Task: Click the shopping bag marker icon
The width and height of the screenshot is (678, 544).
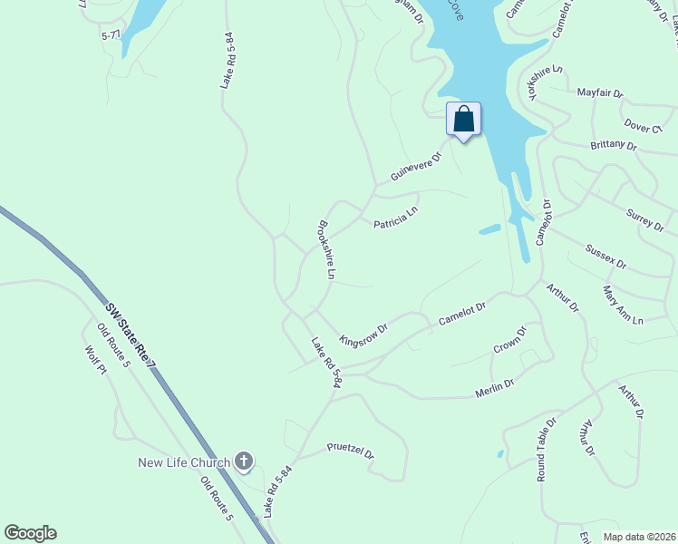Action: pyautogui.click(x=463, y=120)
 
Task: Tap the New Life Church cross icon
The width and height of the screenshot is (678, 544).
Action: pyautogui.click(x=243, y=462)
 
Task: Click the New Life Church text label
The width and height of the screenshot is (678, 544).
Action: pyautogui.click(x=184, y=463)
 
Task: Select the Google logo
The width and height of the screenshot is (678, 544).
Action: pyautogui.click(x=30, y=533)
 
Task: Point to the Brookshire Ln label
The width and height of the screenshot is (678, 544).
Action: pyautogui.click(x=326, y=249)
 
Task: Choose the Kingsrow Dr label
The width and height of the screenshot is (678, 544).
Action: pyautogui.click(x=363, y=333)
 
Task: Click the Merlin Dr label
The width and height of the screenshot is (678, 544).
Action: pyautogui.click(x=495, y=388)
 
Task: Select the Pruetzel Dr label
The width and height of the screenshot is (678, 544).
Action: pyautogui.click(x=351, y=450)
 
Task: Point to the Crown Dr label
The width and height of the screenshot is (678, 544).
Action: pyautogui.click(x=510, y=341)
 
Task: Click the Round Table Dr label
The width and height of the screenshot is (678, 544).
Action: pyautogui.click(x=546, y=450)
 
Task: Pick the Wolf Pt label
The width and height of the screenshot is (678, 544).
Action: pyautogui.click(x=96, y=364)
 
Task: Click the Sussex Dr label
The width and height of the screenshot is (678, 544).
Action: pyautogui.click(x=606, y=257)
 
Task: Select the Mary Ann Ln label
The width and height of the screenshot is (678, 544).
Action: pyautogui.click(x=623, y=306)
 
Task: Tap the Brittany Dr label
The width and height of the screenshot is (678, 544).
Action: pyautogui.click(x=614, y=144)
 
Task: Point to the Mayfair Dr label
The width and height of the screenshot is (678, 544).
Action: pyautogui.click(x=600, y=92)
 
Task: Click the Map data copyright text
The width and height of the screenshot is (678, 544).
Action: pyautogui.click(x=638, y=537)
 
